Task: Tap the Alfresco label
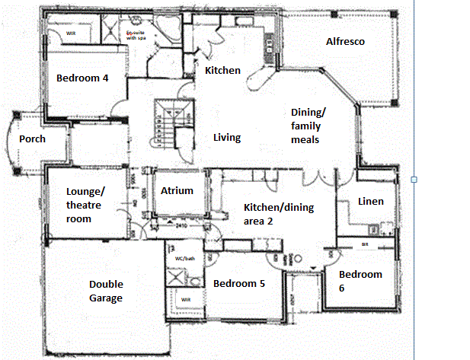(x=346, y=42)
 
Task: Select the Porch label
(x=32, y=139)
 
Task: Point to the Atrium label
(x=177, y=191)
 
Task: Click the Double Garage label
(x=106, y=292)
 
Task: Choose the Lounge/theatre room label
(x=89, y=205)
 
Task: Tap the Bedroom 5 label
(x=238, y=284)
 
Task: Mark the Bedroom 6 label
(x=360, y=281)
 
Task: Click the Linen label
(x=370, y=202)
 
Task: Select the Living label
(x=227, y=138)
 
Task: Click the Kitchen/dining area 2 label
(x=278, y=214)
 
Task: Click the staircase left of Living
(x=165, y=118)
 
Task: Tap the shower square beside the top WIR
(x=106, y=31)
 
